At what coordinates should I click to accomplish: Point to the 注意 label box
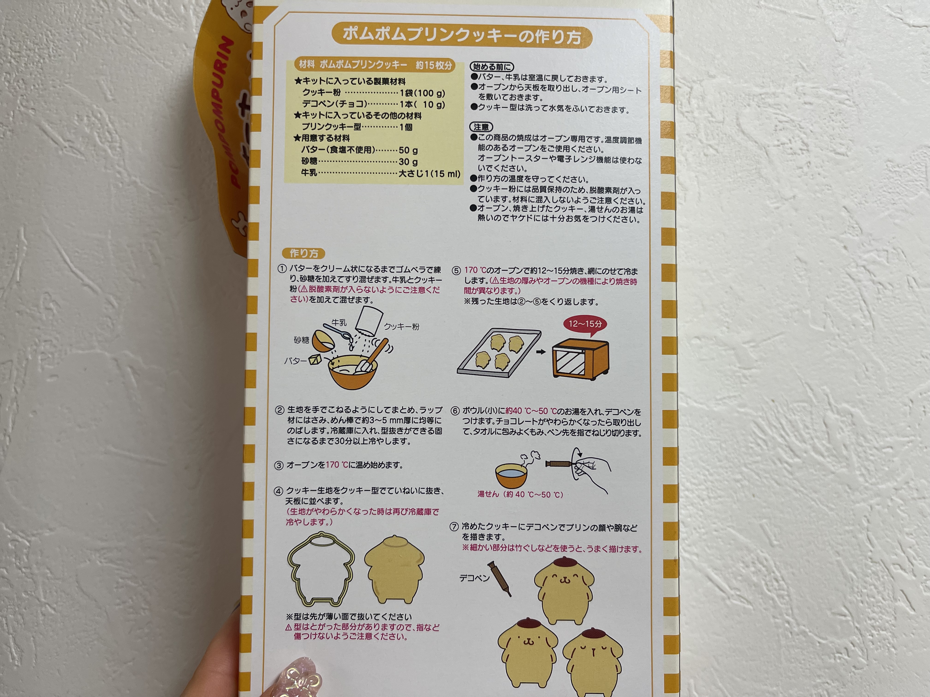pyautogui.click(x=481, y=127)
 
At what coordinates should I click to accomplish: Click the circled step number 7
pyautogui.click(x=454, y=527)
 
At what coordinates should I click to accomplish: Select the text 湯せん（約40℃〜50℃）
pyautogui.click(x=520, y=494)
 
